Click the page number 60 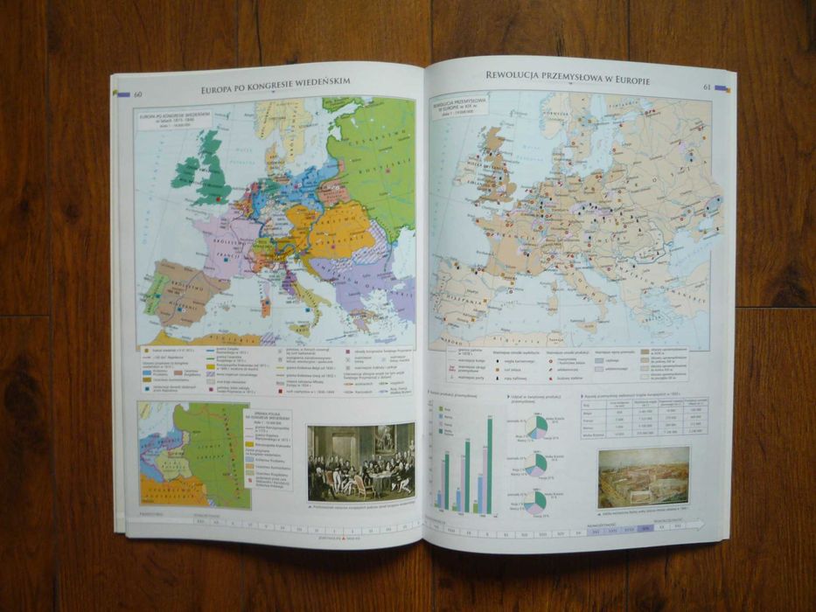point(138,94)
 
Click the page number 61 point(707,87)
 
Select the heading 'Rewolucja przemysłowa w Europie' point(567,76)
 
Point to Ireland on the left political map point(186,170)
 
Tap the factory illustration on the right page point(643,476)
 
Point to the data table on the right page point(643,418)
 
